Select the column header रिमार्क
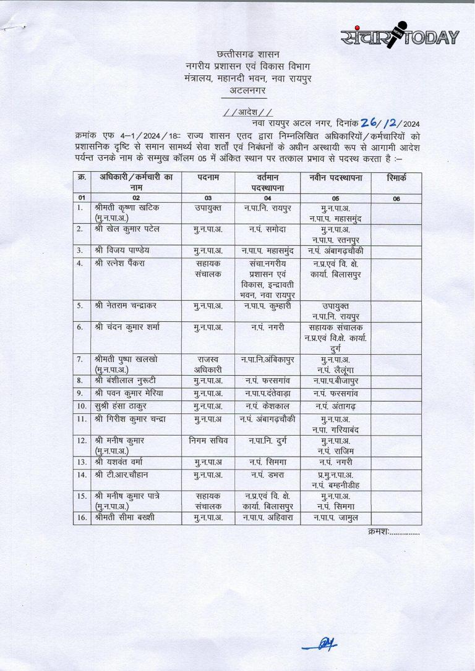[396, 177]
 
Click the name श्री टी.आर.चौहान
[121, 475]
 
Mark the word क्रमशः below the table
[377, 531]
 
